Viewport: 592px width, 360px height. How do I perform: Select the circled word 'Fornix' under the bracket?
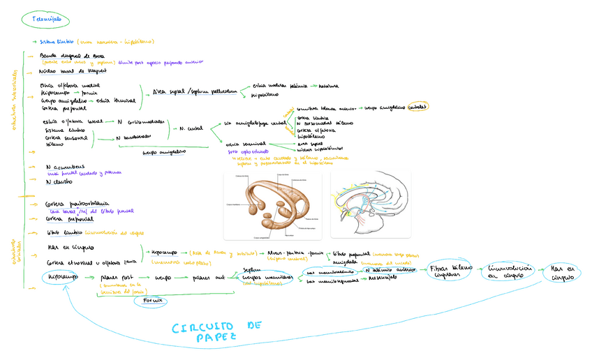coord(152,300)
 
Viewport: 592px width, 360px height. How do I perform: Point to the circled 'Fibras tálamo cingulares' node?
coord(450,271)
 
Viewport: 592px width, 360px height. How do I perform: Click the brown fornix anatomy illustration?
coord(272,204)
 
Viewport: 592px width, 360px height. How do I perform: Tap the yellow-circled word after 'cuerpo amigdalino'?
coord(418,107)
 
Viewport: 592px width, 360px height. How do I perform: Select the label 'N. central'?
coord(191,129)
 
